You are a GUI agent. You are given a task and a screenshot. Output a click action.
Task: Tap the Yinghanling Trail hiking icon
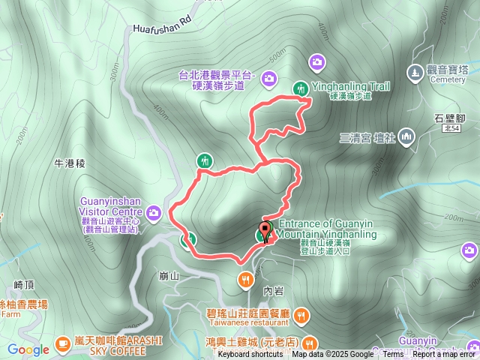point(301,88)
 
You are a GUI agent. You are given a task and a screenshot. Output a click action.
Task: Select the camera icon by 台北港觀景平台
point(269,78)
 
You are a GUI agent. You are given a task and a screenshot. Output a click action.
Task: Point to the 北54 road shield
point(451,129)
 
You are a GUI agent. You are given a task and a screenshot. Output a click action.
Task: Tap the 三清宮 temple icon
point(406,136)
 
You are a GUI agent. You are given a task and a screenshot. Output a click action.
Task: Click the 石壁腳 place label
point(451,117)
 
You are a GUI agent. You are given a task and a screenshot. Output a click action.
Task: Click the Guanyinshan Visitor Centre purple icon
point(154,213)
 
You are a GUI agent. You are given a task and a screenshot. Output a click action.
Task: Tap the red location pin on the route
point(265,230)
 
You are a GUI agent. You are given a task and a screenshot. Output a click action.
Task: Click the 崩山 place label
point(169,275)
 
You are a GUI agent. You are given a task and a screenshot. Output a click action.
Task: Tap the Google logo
point(28,349)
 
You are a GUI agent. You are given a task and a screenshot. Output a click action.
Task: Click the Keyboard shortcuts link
point(250,355)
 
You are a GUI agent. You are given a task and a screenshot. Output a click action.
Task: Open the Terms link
point(393,355)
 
